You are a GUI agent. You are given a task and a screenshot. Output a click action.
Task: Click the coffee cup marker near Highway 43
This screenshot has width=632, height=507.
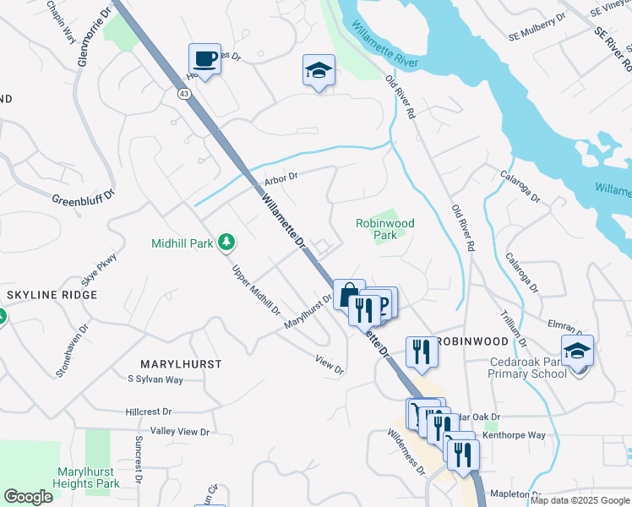(x=204, y=59)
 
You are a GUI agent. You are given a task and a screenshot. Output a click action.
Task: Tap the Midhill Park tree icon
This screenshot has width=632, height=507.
(x=226, y=243)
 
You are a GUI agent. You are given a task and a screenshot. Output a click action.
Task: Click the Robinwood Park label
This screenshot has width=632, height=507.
(x=384, y=229)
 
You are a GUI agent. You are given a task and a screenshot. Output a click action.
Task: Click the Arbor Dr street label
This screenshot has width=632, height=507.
(x=282, y=177)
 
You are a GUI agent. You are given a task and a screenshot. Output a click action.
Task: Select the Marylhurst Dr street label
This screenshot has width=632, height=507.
(x=308, y=311)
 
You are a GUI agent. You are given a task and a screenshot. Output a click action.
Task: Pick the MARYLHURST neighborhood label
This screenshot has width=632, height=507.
(x=181, y=363)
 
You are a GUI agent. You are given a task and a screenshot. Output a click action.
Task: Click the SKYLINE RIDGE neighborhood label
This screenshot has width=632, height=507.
(x=52, y=295)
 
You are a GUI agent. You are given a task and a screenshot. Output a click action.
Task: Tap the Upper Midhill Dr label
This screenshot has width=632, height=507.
(x=256, y=290)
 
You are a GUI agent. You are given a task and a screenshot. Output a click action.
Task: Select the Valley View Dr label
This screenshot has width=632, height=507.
(x=179, y=432)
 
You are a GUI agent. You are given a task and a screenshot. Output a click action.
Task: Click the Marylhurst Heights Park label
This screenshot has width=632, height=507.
(x=88, y=477)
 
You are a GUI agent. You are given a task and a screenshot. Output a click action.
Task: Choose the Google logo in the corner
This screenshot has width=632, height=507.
(x=28, y=497)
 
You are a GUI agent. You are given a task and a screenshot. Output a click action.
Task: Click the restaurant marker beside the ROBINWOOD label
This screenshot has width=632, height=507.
(x=421, y=352)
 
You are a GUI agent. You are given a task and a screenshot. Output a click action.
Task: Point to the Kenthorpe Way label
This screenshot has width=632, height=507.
(x=514, y=435)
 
